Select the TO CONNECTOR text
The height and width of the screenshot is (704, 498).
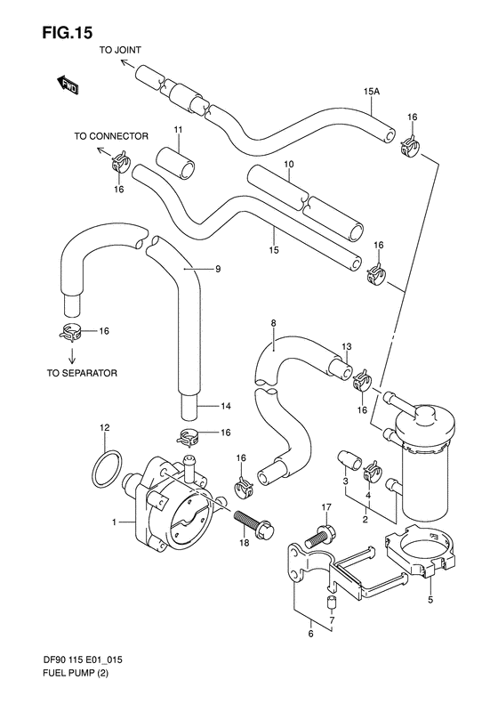tap(110, 138)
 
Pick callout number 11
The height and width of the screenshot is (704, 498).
tap(178, 132)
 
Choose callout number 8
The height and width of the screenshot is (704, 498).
tap(274, 323)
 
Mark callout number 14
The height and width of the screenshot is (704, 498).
tap(226, 407)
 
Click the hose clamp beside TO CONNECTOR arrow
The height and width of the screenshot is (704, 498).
tap(121, 163)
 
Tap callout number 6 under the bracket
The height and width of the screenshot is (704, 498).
tap(310, 635)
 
